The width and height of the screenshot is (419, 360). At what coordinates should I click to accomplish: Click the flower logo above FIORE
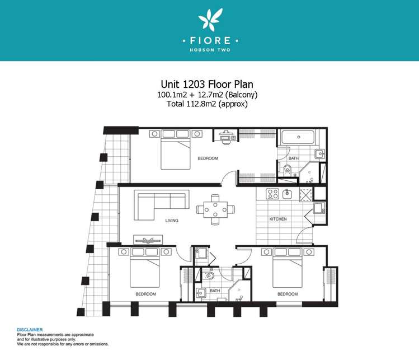[x=210, y=18]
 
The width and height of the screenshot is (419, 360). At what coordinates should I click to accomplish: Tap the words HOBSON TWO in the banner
[x=210, y=50]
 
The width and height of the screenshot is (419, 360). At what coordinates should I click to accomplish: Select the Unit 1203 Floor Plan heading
[x=207, y=84]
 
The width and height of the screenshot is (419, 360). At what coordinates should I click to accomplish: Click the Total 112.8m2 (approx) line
[x=207, y=104]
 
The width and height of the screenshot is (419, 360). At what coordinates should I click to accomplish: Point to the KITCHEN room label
[x=278, y=219]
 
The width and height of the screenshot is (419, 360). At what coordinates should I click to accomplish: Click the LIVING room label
[x=172, y=221]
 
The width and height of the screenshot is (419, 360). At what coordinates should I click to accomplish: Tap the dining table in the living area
[x=215, y=209]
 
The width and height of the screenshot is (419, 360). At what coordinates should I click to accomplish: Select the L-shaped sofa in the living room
[x=162, y=205]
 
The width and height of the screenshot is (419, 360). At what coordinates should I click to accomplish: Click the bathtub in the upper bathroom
[x=298, y=137]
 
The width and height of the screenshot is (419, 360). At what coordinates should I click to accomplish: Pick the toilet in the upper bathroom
[x=288, y=170]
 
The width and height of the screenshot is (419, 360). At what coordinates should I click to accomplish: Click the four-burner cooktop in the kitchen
[x=272, y=194]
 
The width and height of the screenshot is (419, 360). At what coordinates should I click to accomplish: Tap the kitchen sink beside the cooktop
[x=288, y=194]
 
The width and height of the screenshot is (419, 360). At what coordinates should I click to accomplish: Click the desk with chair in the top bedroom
[x=227, y=137]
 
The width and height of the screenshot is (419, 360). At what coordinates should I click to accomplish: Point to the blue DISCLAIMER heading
[x=30, y=330]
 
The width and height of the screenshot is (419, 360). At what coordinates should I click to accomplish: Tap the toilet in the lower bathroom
[x=209, y=275]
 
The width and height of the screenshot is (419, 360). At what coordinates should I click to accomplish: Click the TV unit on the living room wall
[x=148, y=240]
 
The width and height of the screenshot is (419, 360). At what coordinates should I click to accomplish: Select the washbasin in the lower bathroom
[x=201, y=293]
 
